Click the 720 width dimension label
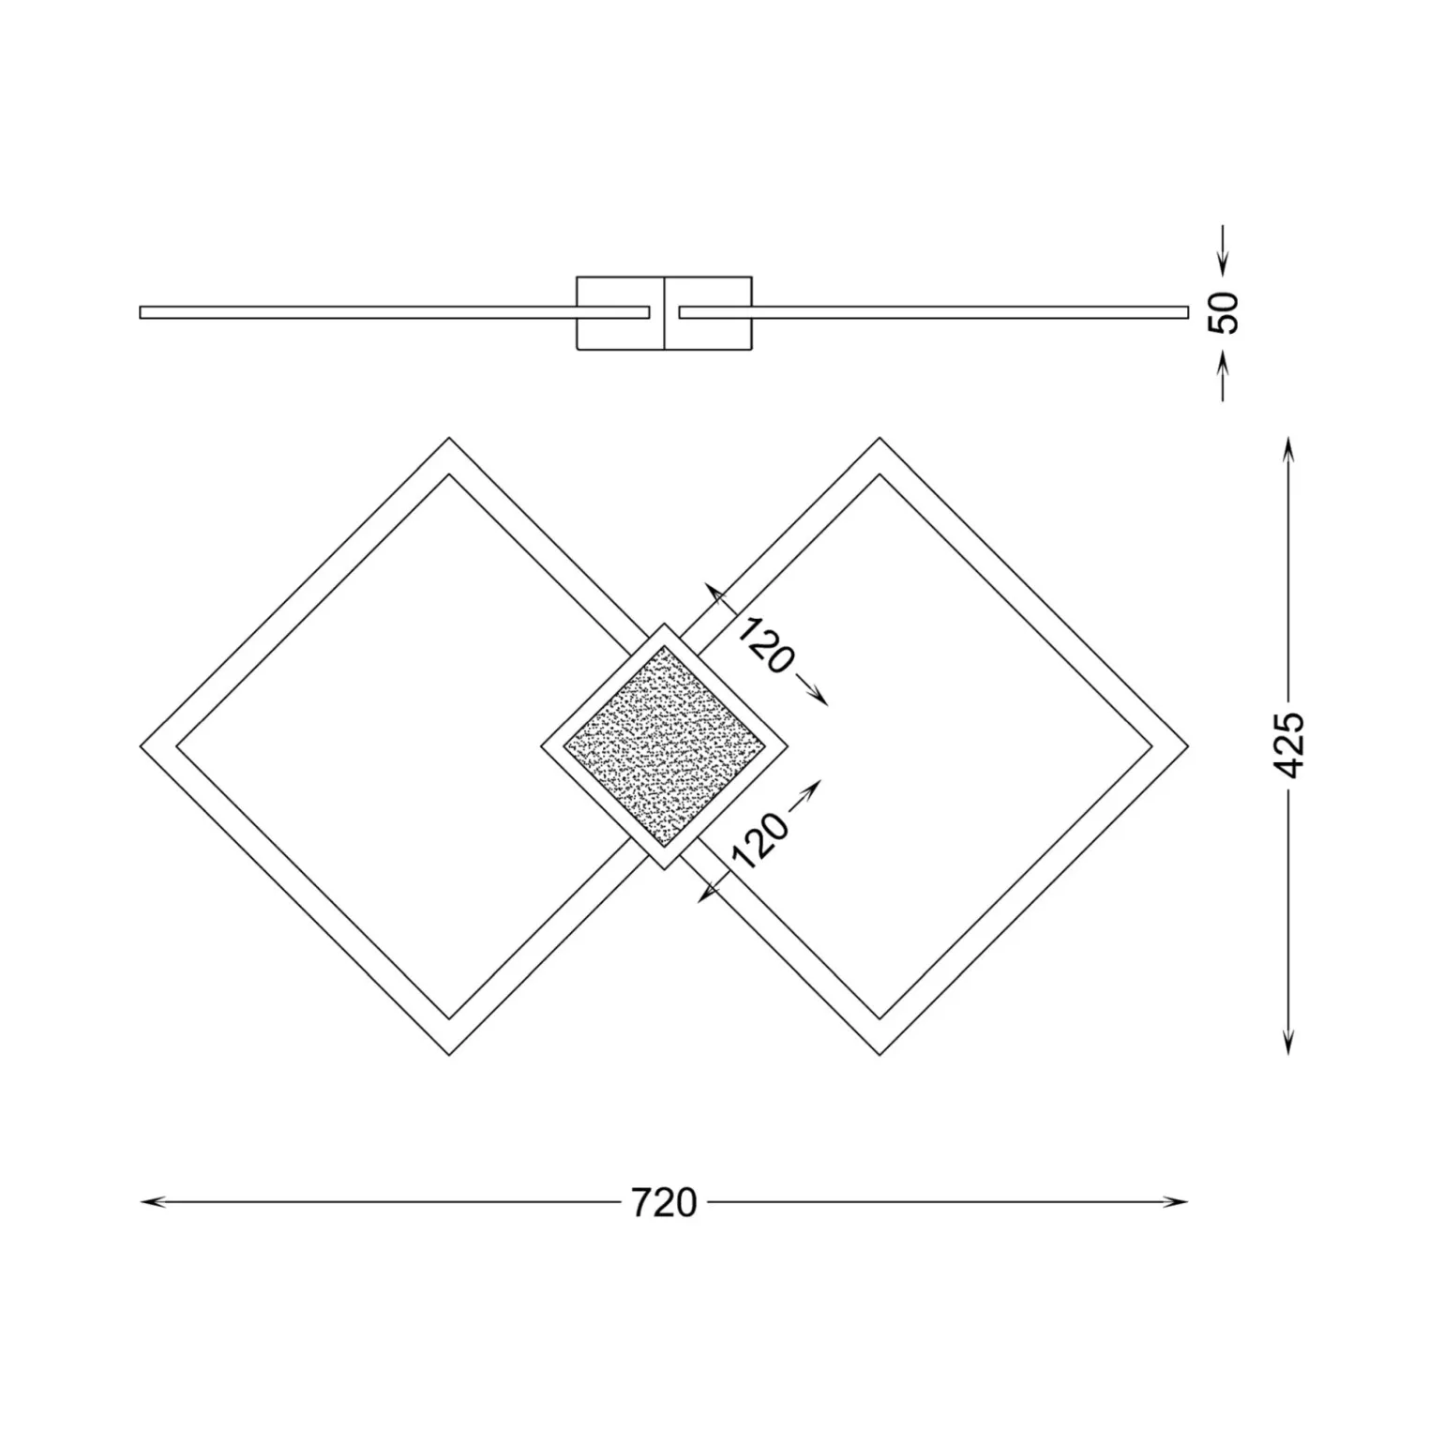click(x=664, y=1202)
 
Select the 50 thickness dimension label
click(x=1224, y=312)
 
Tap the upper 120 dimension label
click(x=765, y=646)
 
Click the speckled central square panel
click(x=664, y=746)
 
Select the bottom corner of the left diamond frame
click(x=449, y=1053)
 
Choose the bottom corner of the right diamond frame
click(x=880, y=1053)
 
